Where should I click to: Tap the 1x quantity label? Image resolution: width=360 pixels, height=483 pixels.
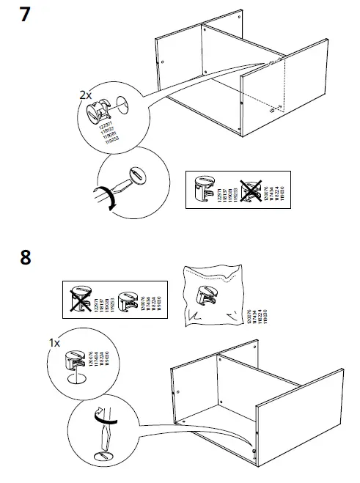pyautogui.click(x=54, y=343)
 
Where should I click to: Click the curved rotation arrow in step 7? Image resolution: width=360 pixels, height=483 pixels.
pyautogui.click(x=111, y=199)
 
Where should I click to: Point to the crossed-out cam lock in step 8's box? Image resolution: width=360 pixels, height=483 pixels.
pyautogui.click(x=78, y=298)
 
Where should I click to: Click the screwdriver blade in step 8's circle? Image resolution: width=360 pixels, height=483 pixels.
pyautogui.click(x=103, y=440)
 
